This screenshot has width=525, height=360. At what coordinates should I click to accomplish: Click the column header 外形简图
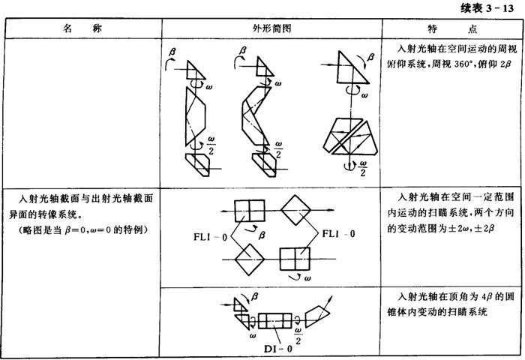pos(271,28)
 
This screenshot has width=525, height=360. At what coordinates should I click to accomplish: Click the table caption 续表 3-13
pos(487,7)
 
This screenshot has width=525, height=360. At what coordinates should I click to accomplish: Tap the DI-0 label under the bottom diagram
pos(278,349)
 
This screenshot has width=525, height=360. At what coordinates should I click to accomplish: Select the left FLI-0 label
pos(210,237)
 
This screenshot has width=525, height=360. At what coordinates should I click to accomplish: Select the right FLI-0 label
pos(338,233)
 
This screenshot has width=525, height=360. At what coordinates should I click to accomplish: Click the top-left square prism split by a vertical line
pos(250,211)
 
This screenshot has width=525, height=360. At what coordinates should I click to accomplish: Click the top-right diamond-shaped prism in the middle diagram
pos(295,210)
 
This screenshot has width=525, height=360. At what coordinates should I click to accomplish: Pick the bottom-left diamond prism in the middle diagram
pos(250,259)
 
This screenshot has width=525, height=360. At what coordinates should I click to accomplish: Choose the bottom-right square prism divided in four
pos(295,259)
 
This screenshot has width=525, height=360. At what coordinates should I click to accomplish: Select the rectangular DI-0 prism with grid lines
pos(275,321)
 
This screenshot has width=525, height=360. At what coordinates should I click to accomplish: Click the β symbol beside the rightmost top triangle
pos(370,57)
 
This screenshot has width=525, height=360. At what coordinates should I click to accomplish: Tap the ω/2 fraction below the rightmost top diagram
pos(362,168)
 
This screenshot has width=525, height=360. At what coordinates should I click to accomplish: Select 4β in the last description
pos(487,297)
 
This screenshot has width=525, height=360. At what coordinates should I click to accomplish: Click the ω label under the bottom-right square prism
pos(307,278)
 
